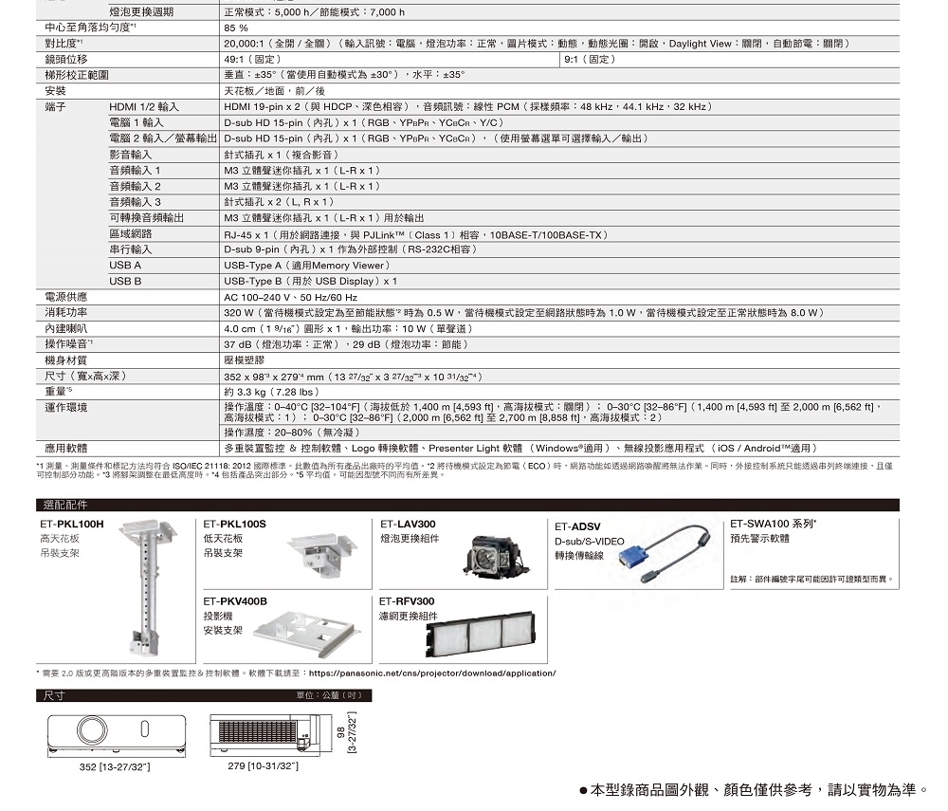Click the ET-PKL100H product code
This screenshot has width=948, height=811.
point(72,524)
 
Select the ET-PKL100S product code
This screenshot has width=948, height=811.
point(235,524)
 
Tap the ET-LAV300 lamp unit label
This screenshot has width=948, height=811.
point(408,524)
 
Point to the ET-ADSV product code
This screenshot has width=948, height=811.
point(577,526)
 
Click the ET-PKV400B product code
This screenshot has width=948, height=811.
point(235,601)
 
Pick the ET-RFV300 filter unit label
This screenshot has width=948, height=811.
point(407,601)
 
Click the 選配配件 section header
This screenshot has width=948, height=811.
point(65,505)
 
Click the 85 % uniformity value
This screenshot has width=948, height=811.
point(235,28)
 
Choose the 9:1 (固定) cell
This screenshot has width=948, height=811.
point(588,59)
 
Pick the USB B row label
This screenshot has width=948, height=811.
point(125,282)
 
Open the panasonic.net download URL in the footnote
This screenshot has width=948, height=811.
point(432,673)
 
